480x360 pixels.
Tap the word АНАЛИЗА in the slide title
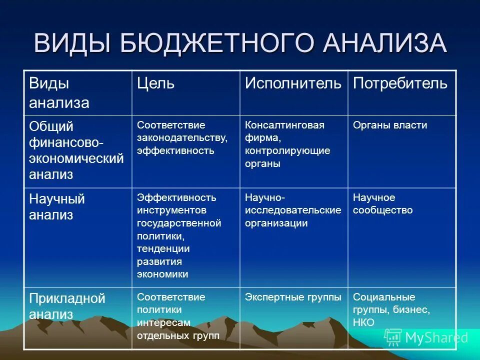pos(383,43)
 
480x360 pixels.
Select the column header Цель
pos(155,83)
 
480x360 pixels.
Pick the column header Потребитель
pos(400,83)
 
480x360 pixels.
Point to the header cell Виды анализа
pos(59,93)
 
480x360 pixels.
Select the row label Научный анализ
pos(57,207)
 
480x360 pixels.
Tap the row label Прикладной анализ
pos(67,306)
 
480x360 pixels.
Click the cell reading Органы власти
pos(390,125)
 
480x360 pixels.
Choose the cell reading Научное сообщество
pos(382,204)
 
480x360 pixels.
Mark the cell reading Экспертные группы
pos(293,297)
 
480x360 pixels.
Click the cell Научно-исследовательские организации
pos(293,210)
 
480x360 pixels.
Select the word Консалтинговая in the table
pos(284,125)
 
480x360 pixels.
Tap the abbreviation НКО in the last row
pos(363,323)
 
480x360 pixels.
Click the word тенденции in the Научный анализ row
pos(163,248)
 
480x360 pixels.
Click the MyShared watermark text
pos(436,337)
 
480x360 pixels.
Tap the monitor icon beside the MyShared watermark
pos(393,337)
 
